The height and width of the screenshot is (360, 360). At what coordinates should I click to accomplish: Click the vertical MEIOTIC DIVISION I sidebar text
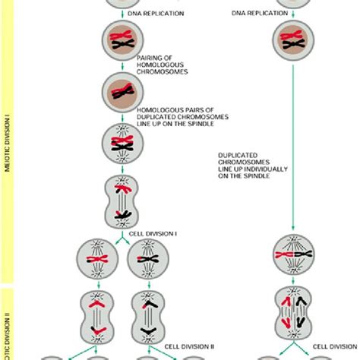(x=7, y=144)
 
